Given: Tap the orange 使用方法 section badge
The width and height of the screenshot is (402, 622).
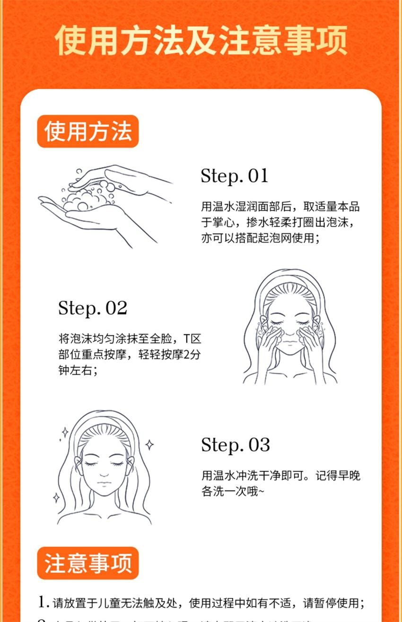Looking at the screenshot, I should [x=88, y=131].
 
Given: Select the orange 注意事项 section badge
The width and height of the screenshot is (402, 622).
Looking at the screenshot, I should [x=88, y=563].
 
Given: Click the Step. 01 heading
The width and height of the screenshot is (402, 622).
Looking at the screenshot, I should [x=235, y=175].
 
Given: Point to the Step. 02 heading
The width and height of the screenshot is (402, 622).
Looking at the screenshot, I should [x=93, y=308].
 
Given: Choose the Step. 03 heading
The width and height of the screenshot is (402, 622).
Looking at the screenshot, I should [x=236, y=445].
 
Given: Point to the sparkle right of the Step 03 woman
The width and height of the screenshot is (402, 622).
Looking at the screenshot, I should [x=149, y=444].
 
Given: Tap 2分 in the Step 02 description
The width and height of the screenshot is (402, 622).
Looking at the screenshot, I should [x=196, y=355].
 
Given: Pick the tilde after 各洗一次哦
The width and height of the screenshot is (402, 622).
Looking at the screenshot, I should [x=262, y=492].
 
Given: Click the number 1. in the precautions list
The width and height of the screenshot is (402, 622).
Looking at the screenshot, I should [x=44, y=603].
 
